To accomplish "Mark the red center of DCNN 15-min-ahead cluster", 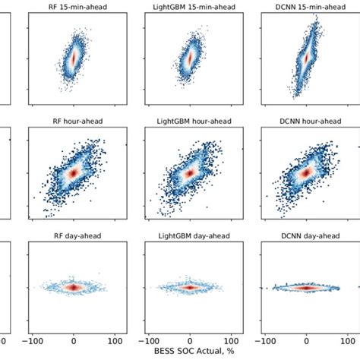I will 306,57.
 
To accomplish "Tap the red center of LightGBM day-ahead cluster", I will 190,288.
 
